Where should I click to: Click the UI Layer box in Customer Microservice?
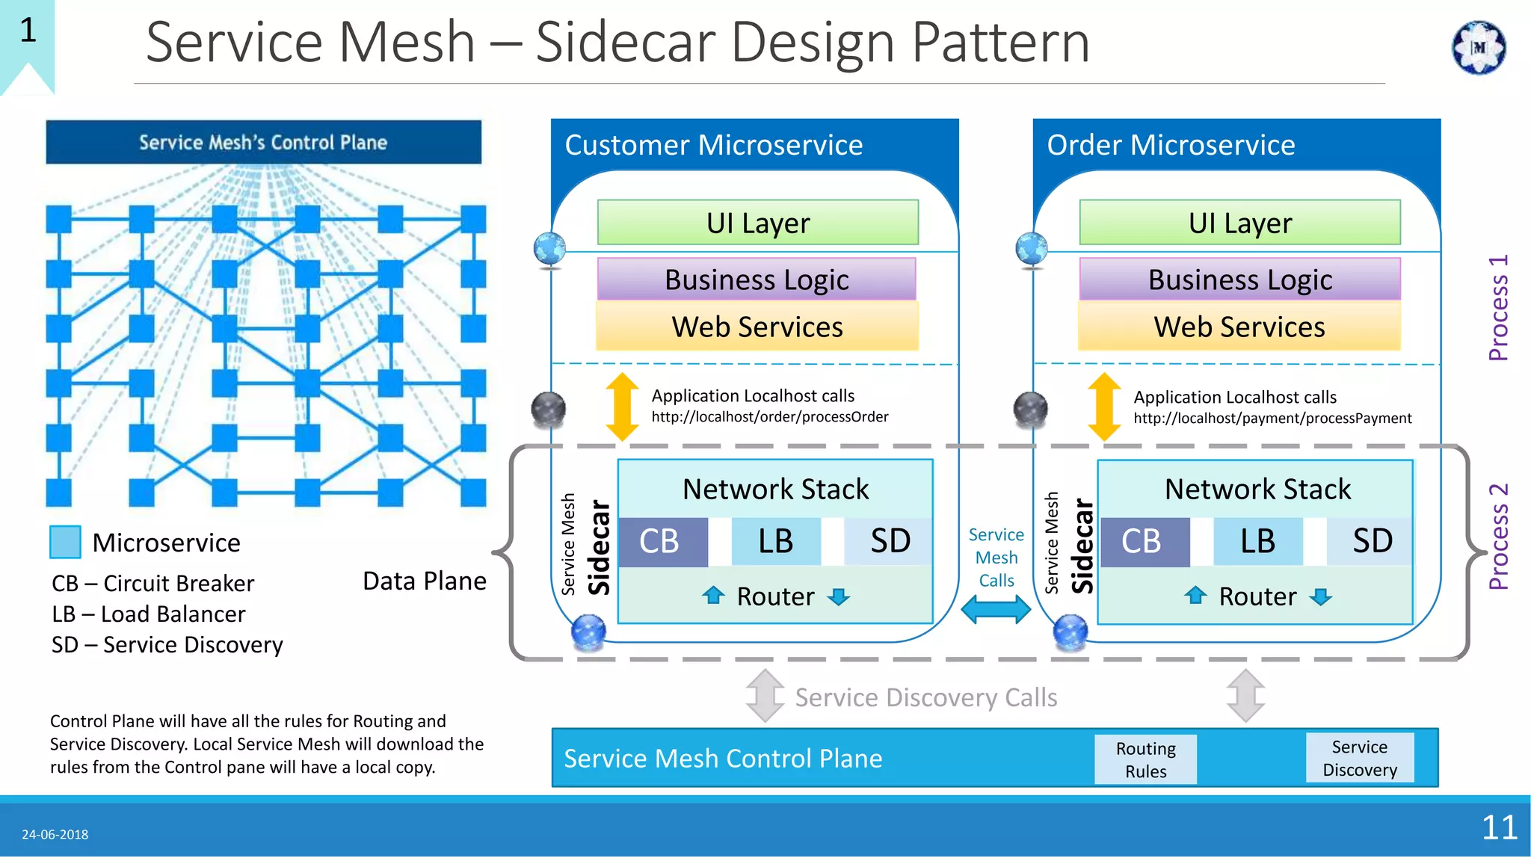pyautogui.click(x=758, y=223)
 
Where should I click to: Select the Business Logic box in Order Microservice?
pyautogui.click(x=1239, y=280)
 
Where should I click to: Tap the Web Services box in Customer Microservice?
pyautogui.click(x=757, y=327)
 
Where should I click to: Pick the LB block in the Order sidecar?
pyautogui.click(x=1258, y=542)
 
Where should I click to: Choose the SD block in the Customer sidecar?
pyautogui.click(x=889, y=542)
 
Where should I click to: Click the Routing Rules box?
pyautogui.click(x=1145, y=759)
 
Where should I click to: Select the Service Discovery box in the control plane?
pyautogui.click(x=1359, y=758)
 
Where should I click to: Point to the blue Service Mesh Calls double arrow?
pyautogui.click(x=996, y=609)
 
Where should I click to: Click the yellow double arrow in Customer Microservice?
pyautogui.click(x=622, y=407)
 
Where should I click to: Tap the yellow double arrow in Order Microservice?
pyautogui.click(x=1104, y=407)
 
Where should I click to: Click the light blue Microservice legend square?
pyautogui.click(x=65, y=543)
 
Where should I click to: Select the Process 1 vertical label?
pyautogui.click(x=1498, y=308)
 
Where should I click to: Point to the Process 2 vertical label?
pyautogui.click(x=1498, y=537)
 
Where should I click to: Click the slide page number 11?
pyautogui.click(x=1499, y=828)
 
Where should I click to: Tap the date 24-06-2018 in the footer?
pyautogui.click(x=55, y=835)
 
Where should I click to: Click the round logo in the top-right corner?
pyautogui.click(x=1478, y=48)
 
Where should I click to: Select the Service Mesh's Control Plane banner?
pyautogui.click(x=263, y=143)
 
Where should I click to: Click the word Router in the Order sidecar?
pyautogui.click(x=1257, y=596)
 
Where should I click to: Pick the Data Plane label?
pyautogui.click(x=424, y=581)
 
